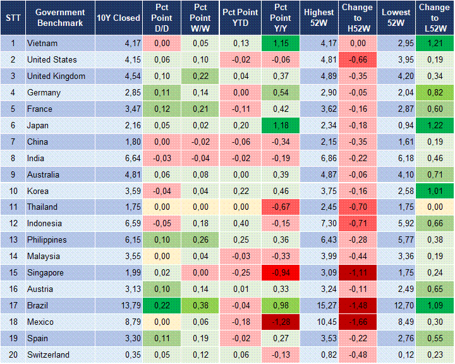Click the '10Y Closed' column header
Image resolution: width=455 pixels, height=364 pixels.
click(x=118, y=18)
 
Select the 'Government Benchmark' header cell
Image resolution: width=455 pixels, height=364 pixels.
click(x=61, y=18)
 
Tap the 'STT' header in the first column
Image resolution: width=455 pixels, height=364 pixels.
click(x=13, y=18)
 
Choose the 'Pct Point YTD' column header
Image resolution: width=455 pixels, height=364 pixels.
click(x=240, y=18)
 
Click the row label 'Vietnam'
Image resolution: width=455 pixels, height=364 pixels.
click(x=42, y=44)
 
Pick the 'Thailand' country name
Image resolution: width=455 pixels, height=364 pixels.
click(x=42, y=207)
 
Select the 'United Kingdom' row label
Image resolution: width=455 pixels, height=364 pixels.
click(x=55, y=76)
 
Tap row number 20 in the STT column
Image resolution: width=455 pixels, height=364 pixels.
click(x=13, y=355)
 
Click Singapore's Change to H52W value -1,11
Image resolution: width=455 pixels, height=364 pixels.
click(x=358, y=273)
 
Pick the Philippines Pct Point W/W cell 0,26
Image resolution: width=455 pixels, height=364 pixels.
click(x=200, y=240)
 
